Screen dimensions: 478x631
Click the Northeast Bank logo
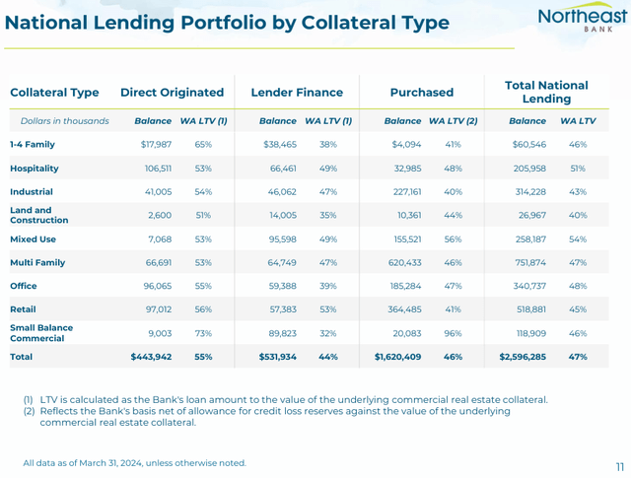tap(583, 23)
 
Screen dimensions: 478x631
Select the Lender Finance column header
tap(297, 93)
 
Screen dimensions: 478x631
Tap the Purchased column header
tap(422, 93)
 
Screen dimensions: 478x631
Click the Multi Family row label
tap(37, 262)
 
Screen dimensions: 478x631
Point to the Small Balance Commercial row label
tap(41, 333)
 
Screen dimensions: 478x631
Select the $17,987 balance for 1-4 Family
tap(156, 145)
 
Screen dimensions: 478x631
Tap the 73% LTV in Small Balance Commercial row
tap(203, 333)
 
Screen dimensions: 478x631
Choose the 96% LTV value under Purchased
tap(453, 333)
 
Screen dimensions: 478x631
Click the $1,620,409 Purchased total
tap(398, 357)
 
